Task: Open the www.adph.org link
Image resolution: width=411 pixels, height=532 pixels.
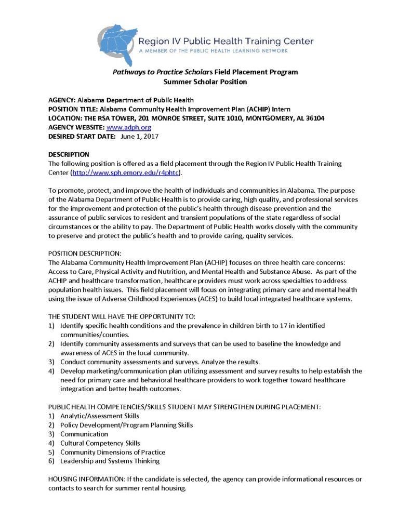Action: coord(129,127)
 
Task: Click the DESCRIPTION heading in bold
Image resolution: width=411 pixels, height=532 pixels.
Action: coord(69,154)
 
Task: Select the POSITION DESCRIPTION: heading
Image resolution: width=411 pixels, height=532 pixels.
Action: coord(85,254)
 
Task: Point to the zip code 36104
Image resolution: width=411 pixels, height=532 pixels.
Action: coord(314,118)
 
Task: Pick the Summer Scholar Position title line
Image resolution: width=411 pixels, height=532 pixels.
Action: coord(205,82)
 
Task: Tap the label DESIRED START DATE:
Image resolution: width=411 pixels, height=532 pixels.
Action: coord(79,137)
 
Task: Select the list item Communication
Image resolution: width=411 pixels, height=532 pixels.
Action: coord(84,434)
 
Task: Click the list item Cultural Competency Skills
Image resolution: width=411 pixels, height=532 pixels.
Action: coord(100,443)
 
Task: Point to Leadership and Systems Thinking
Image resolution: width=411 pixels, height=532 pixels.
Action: coord(110,461)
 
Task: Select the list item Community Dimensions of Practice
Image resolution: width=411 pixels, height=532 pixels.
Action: coord(112,452)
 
